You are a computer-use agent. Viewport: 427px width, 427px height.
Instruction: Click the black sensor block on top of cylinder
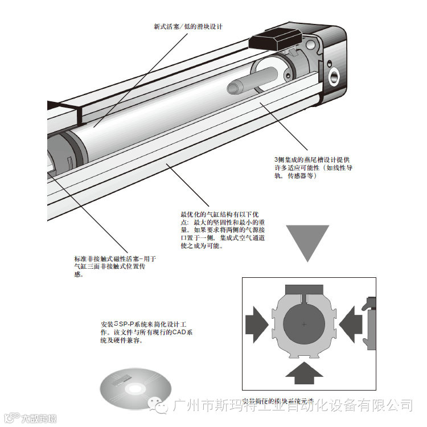(x=273, y=39)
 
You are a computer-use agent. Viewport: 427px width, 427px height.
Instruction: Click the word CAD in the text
(x=179, y=332)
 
